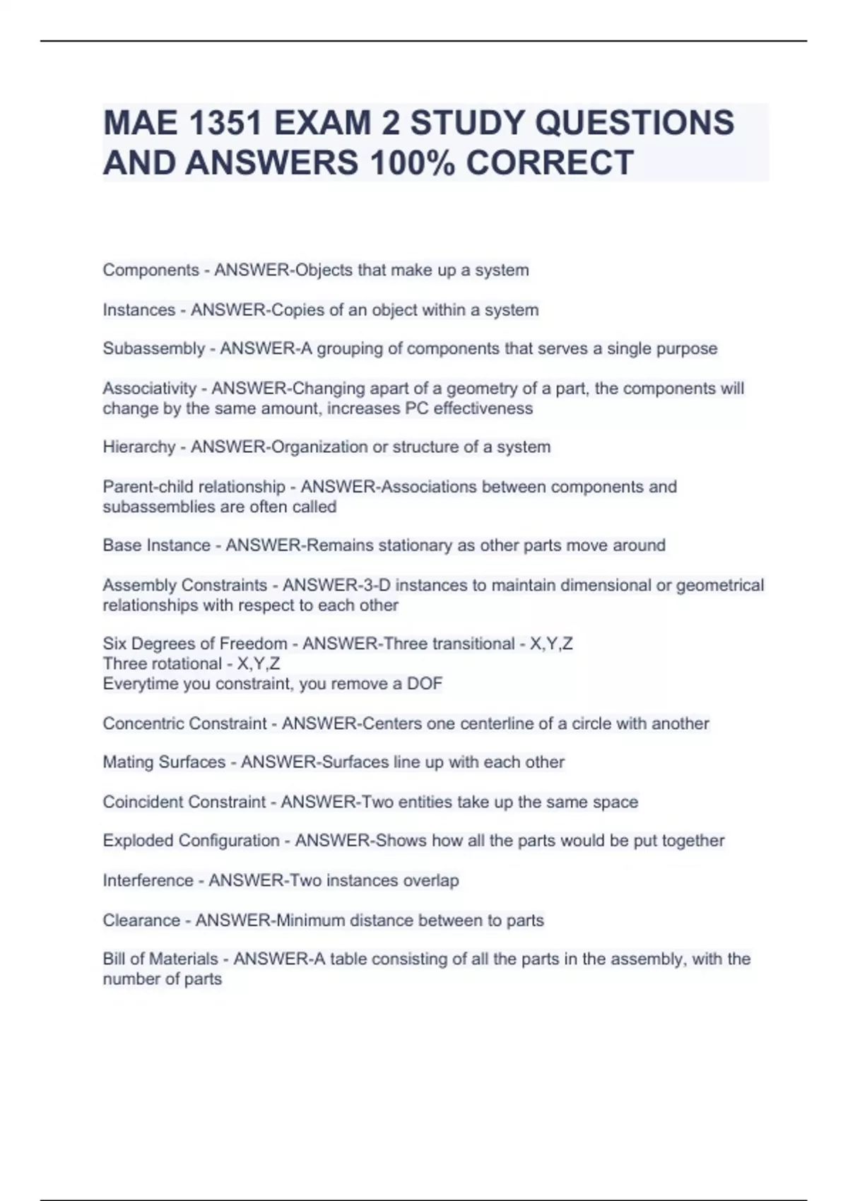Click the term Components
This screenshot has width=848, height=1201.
point(151,270)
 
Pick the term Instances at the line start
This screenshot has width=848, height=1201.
point(139,309)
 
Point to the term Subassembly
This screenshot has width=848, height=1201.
point(153,348)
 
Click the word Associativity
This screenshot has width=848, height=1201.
point(149,388)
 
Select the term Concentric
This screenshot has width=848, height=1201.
point(146,723)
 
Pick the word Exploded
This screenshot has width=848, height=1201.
point(138,840)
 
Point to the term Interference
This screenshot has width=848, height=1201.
point(148,880)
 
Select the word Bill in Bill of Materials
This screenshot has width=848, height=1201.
point(114,959)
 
